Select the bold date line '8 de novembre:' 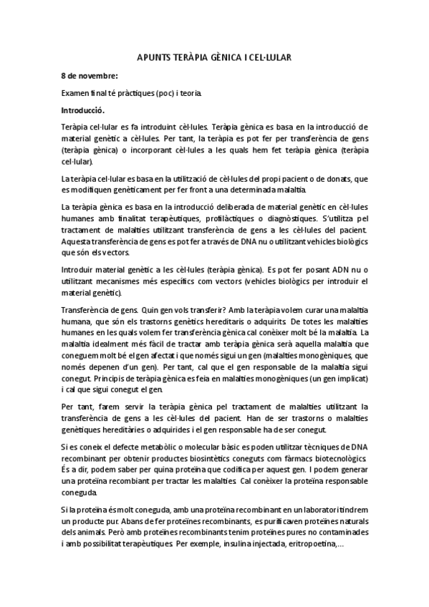coord(90,75)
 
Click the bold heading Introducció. coord(84,110)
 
